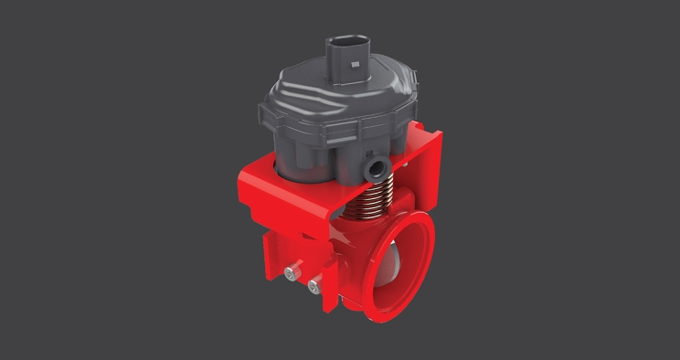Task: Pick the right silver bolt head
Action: (x=315, y=285)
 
